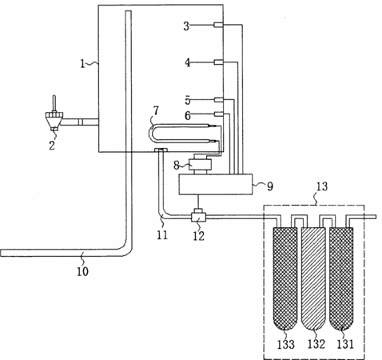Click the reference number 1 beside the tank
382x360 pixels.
tap(82, 64)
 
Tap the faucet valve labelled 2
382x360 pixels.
tap(54, 118)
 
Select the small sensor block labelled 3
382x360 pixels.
tap(218, 25)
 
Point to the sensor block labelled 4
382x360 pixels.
tap(218, 62)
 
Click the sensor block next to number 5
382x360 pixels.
tap(218, 100)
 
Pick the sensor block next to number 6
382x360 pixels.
tap(218, 114)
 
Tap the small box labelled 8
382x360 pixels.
tap(200, 165)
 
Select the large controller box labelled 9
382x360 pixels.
tap(216, 184)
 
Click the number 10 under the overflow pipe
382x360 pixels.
tap(82, 271)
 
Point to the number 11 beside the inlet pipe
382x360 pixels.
tap(162, 235)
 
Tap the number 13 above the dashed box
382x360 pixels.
tap(321, 186)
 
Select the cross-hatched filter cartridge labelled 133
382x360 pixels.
tap(285, 278)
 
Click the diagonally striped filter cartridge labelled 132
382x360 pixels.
tap(313, 278)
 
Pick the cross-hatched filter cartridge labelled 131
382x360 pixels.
tap(341, 278)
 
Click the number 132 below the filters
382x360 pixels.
tap(316, 344)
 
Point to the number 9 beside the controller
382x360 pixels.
tap(270, 186)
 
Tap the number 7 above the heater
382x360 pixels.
tap(156, 110)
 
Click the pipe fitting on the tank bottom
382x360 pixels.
tap(161, 150)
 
